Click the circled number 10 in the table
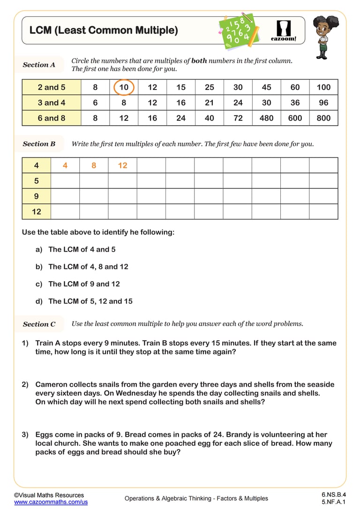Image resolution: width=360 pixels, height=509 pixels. (x=124, y=87)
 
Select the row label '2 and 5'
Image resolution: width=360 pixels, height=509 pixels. (x=52, y=87)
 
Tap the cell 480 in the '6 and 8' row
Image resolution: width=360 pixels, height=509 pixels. (x=266, y=118)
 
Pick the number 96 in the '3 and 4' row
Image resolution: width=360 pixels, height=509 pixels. (x=323, y=103)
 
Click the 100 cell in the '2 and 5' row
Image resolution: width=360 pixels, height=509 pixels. (x=323, y=87)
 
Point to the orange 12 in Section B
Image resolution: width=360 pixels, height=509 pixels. (x=122, y=165)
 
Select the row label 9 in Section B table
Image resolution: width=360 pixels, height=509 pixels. (x=36, y=196)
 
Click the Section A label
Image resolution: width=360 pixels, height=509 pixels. (x=39, y=65)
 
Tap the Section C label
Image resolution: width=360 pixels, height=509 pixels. (x=39, y=324)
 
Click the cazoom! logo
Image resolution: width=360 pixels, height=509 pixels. (x=284, y=31)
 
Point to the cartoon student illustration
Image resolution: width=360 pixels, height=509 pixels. (x=322, y=37)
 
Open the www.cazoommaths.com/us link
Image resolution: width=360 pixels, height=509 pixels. (x=51, y=502)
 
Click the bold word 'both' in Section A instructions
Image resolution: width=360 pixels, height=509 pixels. (x=199, y=61)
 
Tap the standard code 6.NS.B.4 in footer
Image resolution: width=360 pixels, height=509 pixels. (x=333, y=494)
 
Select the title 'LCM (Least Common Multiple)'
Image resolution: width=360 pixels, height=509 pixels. (x=104, y=30)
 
